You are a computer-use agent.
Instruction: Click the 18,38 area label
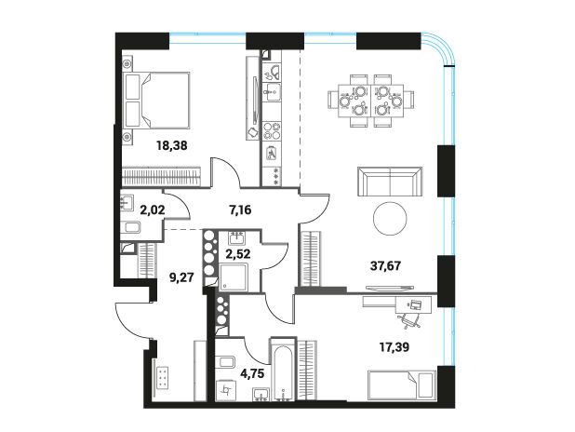click(x=172, y=146)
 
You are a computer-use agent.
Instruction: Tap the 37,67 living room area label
click(x=386, y=265)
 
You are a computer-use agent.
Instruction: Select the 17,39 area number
click(x=394, y=346)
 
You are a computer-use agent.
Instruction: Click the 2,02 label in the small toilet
click(x=153, y=210)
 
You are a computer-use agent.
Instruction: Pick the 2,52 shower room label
click(x=238, y=254)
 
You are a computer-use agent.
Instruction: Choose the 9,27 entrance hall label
click(x=181, y=277)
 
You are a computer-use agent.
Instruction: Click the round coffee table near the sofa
click(x=390, y=219)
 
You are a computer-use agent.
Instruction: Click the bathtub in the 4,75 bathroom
click(x=283, y=369)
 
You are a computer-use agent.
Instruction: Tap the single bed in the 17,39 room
click(x=402, y=385)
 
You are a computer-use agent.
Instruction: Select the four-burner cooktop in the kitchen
click(x=272, y=130)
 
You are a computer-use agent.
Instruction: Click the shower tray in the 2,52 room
click(x=234, y=277)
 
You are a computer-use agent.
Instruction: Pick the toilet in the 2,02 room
click(x=131, y=227)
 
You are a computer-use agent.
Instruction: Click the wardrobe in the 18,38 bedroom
click(x=161, y=177)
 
